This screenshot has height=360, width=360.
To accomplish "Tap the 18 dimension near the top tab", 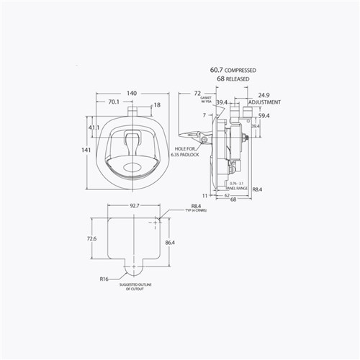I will point(157,105).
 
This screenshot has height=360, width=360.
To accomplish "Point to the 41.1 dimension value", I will point(94,127).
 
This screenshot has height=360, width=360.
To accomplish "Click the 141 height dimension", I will point(85,149).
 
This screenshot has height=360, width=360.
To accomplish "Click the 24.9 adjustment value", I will point(264,94).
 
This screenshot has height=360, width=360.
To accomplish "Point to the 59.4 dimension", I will point(264,115).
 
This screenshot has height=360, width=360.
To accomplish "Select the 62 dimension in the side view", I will point(226,195).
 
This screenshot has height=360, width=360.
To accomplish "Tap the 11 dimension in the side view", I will point(204,195).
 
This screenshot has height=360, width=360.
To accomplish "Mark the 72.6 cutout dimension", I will point(91,238).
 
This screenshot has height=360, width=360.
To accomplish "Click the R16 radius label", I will point(104,277).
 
